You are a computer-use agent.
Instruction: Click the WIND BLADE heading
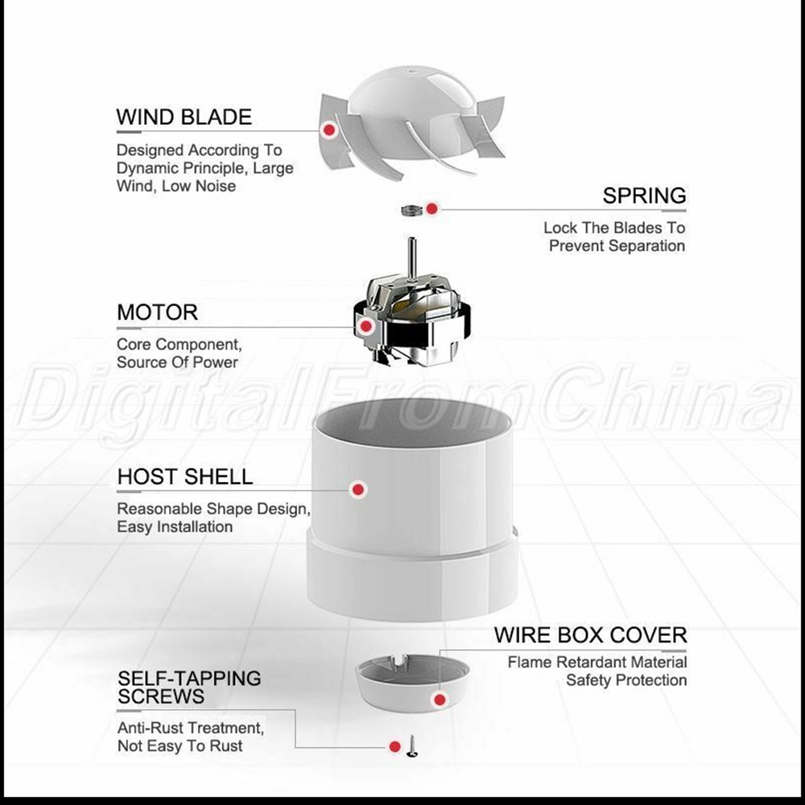click(x=184, y=117)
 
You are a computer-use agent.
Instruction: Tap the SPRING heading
click(x=644, y=196)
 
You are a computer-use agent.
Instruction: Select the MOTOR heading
click(x=157, y=312)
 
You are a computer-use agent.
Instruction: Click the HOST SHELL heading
click(x=185, y=477)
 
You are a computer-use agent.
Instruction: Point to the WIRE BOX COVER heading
click(x=590, y=635)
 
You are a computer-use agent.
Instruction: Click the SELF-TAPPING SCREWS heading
click(x=189, y=687)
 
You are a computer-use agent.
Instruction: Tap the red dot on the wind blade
click(x=329, y=130)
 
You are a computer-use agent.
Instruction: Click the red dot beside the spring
click(x=431, y=208)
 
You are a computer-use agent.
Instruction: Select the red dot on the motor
click(x=366, y=326)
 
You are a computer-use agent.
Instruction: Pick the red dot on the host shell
click(x=358, y=489)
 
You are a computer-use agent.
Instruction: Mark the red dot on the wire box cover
click(x=440, y=700)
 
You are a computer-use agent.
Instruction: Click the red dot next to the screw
click(x=394, y=746)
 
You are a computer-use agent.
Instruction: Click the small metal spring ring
click(x=411, y=210)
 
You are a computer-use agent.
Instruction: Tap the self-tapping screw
click(x=411, y=746)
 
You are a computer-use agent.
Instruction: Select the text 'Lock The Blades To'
click(x=614, y=228)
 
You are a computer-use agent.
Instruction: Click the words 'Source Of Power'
click(x=177, y=362)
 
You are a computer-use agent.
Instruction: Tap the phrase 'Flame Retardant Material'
click(x=597, y=663)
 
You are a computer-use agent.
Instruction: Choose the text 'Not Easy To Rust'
click(x=180, y=745)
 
